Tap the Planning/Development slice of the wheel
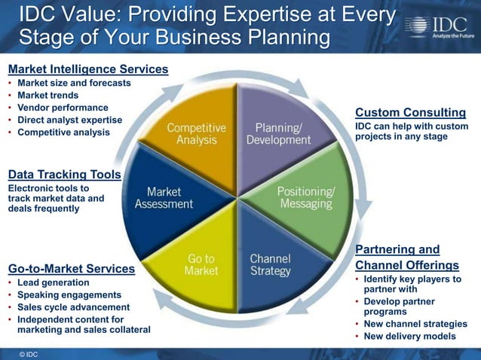pyautogui.click(x=282, y=133)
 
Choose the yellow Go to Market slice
pyautogui.click(x=200, y=264)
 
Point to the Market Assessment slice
pyautogui.click(x=164, y=197)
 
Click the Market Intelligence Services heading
pyautogui.click(x=87, y=69)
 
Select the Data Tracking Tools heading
pyautogui.click(x=64, y=175)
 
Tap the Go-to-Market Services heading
pyautogui.click(x=71, y=269)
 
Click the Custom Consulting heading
pyautogui.click(x=410, y=112)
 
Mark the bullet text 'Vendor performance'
pyautogui.click(x=63, y=108)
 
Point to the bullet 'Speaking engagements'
pyautogui.click(x=69, y=294)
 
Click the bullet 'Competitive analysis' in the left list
pyautogui.click(x=63, y=132)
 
